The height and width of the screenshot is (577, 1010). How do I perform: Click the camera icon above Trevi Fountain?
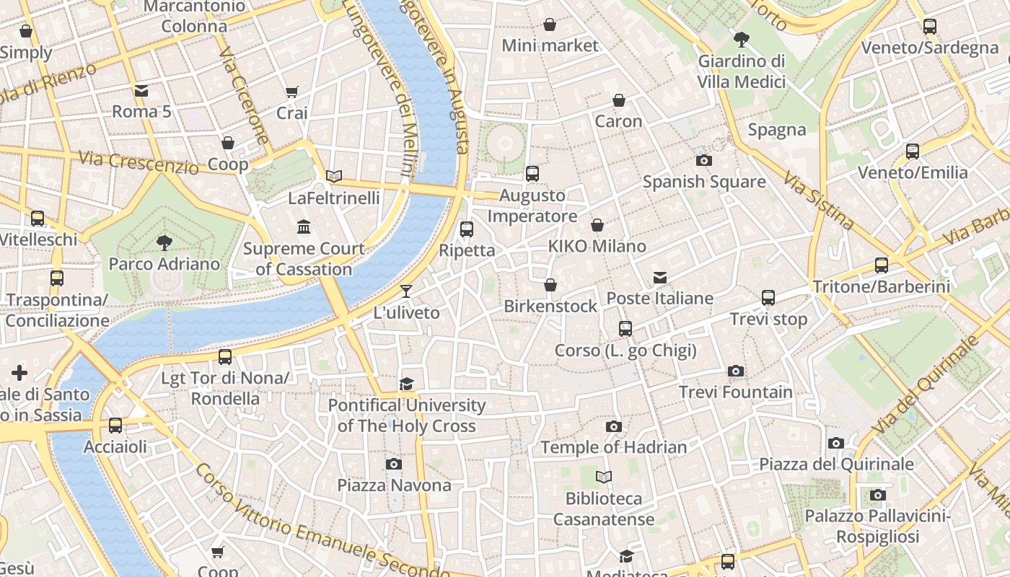click(x=735, y=371)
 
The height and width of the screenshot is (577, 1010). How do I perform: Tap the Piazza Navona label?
click(x=394, y=485)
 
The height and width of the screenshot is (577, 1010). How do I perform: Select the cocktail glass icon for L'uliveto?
click(x=406, y=291)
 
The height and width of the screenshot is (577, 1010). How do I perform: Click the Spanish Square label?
click(x=703, y=182)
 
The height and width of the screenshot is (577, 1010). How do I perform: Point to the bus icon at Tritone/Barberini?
click(x=881, y=265)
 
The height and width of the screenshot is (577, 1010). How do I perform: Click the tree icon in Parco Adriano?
click(x=164, y=242)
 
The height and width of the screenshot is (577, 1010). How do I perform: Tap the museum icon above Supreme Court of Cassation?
click(x=304, y=227)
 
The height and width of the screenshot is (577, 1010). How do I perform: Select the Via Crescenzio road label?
click(x=138, y=162)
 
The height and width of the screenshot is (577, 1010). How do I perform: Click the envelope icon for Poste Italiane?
click(x=659, y=277)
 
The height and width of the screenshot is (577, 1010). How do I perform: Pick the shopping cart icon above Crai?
click(x=291, y=92)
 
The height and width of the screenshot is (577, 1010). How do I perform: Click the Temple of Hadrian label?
click(x=613, y=447)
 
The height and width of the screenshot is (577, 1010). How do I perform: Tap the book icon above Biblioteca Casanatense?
click(x=604, y=477)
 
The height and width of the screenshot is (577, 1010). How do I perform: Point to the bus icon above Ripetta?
click(x=467, y=229)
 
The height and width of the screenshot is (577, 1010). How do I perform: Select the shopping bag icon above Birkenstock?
click(x=550, y=285)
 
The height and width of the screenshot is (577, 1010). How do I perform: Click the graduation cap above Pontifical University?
click(x=407, y=384)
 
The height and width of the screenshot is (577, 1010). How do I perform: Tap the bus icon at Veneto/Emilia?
click(x=913, y=151)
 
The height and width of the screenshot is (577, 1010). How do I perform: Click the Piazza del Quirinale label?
click(x=836, y=464)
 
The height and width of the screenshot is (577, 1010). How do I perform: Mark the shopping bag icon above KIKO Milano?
click(x=597, y=225)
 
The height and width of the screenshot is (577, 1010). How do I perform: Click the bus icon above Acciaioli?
click(x=115, y=426)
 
